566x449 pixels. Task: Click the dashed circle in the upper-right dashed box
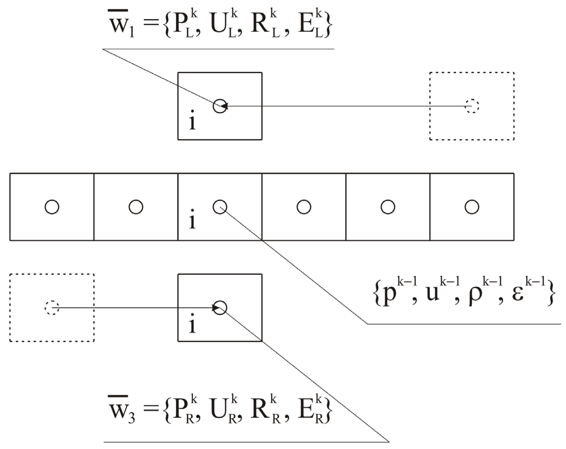(x=472, y=106)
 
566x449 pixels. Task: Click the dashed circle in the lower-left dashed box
(x=52, y=307)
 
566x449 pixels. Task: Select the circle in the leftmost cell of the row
(x=52, y=207)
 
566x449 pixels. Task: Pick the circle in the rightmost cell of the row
(x=472, y=207)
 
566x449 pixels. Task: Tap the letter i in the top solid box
(x=192, y=122)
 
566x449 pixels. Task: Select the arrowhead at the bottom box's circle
(x=216, y=307)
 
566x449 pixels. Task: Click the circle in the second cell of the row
(x=136, y=207)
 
